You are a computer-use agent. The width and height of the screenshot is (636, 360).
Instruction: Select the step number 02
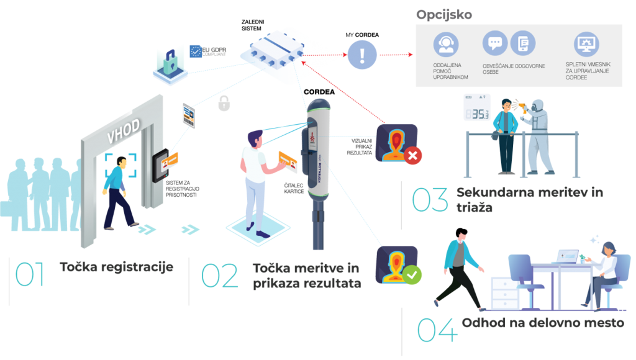(x=220, y=277)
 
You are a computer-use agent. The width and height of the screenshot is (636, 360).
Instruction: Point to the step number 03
(x=430, y=200)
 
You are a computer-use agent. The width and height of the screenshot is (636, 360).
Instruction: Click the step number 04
(x=437, y=330)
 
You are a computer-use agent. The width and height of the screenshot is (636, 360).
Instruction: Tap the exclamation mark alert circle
(x=361, y=55)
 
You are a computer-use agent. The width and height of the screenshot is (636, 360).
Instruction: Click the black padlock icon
(x=224, y=104)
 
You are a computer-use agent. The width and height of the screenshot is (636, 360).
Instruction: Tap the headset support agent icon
(x=444, y=45)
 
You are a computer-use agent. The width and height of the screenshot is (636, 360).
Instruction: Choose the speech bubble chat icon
(x=495, y=43)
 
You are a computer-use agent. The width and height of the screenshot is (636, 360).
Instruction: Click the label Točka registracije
(x=116, y=267)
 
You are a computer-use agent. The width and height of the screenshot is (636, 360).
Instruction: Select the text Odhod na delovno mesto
(x=543, y=323)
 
